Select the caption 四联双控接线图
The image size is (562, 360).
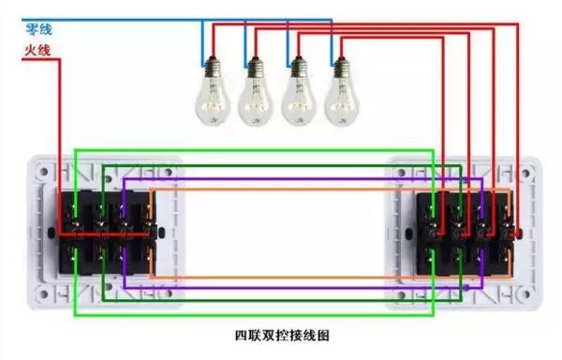pyautogui.click(x=281, y=335)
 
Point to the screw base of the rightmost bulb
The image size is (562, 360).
pyautogui.click(x=340, y=67)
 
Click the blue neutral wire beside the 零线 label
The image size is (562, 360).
pyautogui.click(x=112, y=19)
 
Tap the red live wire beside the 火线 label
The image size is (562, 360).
pyautogui.click(x=47, y=59)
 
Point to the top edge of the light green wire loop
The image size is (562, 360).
pyautogui.click(x=253, y=148)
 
